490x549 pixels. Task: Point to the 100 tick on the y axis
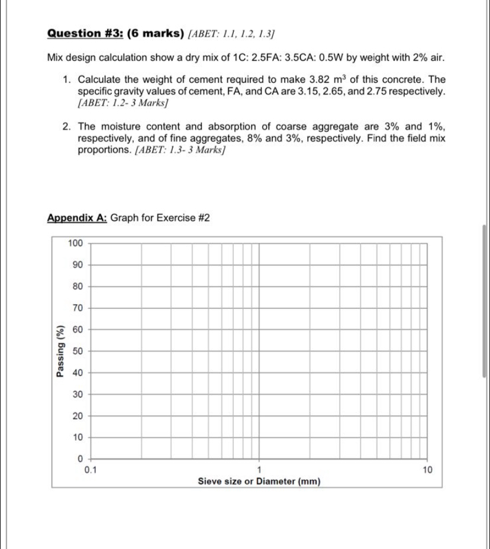pos(75,243)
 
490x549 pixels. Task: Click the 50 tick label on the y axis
pos(78,351)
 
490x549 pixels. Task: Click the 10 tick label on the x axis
pos(427,470)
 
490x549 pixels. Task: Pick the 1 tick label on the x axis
pos(259,470)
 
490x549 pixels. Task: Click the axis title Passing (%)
pos(59,351)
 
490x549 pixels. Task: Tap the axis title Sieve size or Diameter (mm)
pos(259,482)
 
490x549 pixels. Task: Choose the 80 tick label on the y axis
pos(78,286)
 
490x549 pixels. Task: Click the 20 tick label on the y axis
pos(78,416)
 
